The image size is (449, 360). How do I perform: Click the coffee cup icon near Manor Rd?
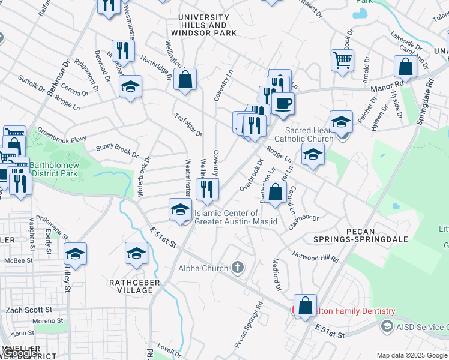click(x=283, y=103)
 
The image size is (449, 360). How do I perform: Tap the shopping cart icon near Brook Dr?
click(x=342, y=60)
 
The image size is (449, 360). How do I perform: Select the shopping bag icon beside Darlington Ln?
click(x=276, y=193)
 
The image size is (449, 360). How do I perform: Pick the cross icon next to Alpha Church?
click(x=238, y=268)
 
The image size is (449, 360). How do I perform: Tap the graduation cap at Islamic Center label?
click(x=180, y=210)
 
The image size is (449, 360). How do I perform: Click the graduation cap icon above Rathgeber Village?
click(x=136, y=253)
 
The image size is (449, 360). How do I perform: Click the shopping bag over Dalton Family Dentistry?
click(x=305, y=305)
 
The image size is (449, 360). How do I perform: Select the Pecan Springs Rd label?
click(x=249, y=324)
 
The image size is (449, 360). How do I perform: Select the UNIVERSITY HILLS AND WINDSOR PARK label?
click(x=199, y=25)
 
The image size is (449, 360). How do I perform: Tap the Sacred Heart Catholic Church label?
click(x=309, y=134)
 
